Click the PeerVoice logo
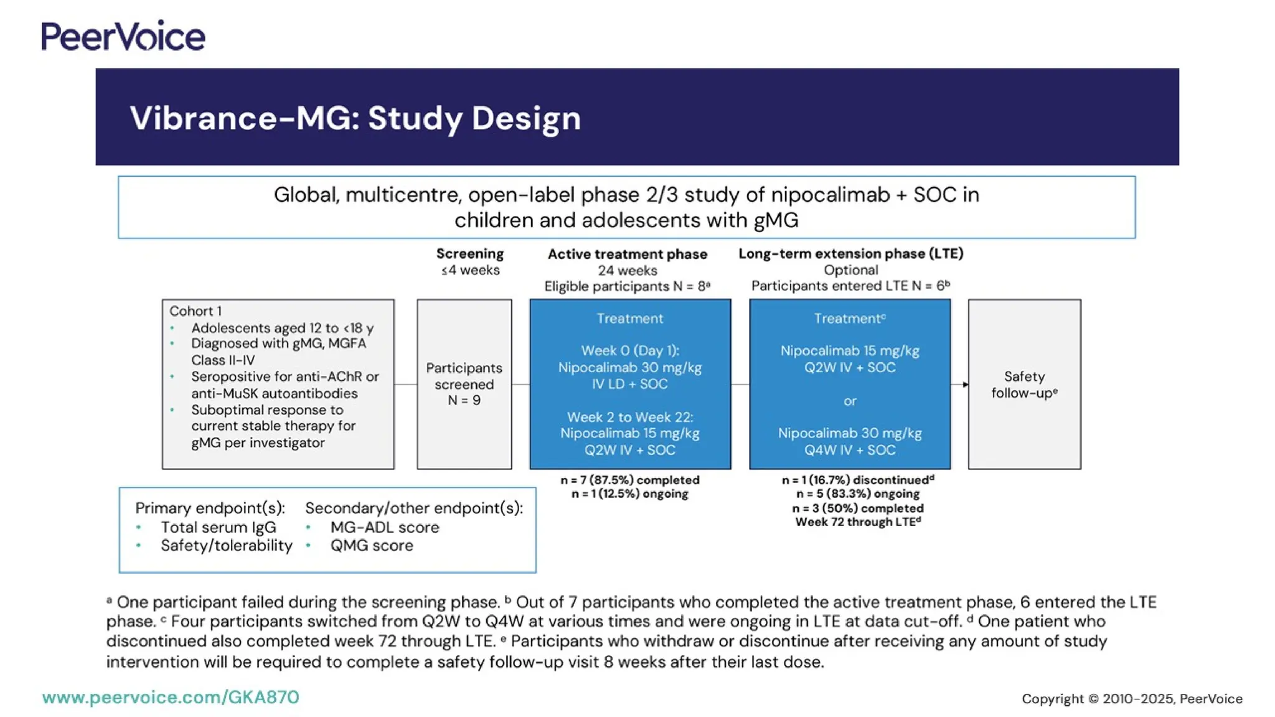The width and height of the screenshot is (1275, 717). tap(123, 36)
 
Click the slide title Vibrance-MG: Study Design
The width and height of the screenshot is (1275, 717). tap(355, 118)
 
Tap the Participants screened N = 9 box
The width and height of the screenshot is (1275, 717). tap(464, 384)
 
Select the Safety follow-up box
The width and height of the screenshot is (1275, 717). tap(1024, 384)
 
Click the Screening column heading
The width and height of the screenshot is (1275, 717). tap(469, 254)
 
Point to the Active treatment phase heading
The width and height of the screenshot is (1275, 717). tap(627, 254)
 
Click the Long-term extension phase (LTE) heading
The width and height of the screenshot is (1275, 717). tap(850, 253)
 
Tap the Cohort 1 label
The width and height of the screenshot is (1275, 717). tap(195, 311)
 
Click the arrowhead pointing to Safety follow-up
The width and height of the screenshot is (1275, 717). tap(965, 385)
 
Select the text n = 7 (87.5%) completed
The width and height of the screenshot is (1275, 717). tap(629, 480)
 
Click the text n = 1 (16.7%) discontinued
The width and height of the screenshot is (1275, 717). tap(857, 480)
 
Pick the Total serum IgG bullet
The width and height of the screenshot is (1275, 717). tap(218, 527)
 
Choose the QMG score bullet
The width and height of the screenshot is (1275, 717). tap(371, 545)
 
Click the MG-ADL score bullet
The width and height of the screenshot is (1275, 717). tap(384, 527)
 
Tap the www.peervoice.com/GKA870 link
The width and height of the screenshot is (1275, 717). tap(171, 697)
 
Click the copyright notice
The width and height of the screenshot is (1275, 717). tap(1132, 699)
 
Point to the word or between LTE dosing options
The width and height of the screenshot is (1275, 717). tap(850, 401)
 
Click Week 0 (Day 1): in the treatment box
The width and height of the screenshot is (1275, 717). tap(629, 350)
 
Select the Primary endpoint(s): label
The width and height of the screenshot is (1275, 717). tap(210, 508)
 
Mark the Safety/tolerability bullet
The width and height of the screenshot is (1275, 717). tap(226, 545)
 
